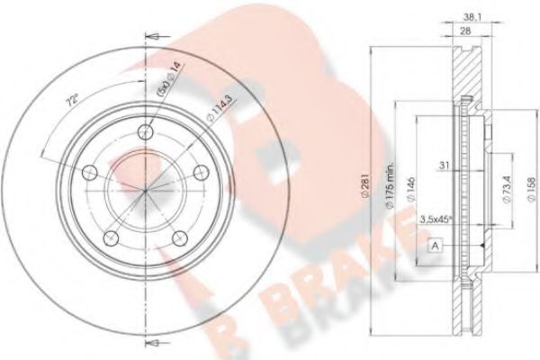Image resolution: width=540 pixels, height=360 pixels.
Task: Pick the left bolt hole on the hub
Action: [87, 171]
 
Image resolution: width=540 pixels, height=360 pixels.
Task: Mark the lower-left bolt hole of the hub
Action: [109, 237]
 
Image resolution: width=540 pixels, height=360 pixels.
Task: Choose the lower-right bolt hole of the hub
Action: [180, 238]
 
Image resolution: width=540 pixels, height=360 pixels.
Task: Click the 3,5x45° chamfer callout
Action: [436, 217]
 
